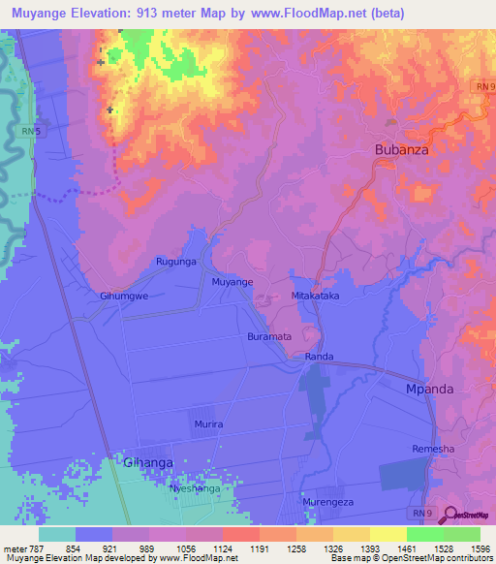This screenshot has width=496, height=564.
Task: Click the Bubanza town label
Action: coord(401,150)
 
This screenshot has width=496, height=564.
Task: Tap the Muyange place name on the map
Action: coord(232,282)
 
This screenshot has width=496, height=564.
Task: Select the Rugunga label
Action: coord(176,262)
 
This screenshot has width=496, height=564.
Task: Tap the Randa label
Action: coord(319,357)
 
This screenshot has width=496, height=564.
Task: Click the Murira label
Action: coord(208,424)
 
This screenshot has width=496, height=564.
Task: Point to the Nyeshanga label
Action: coord(195,488)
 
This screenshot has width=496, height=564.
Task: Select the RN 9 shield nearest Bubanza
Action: coord(484,87)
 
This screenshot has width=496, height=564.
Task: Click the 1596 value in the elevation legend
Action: coord(480,548)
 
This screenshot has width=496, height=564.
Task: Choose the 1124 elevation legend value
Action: coord(222,548)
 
